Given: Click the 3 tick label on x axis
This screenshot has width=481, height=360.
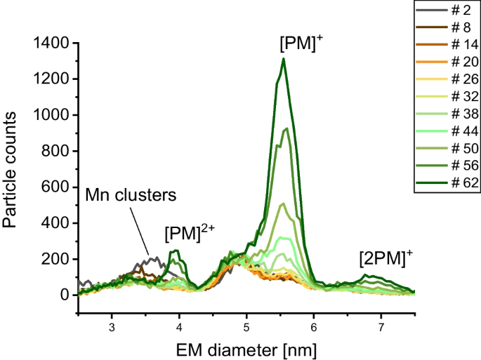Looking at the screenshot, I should click(x=112, y=326).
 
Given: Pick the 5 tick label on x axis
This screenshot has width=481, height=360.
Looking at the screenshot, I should click(x=246, y=326).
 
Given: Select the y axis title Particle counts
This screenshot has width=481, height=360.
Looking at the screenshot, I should click(x=12, y=168).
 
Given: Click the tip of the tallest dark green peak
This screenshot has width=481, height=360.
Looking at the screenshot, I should click(x=283, y=58).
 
